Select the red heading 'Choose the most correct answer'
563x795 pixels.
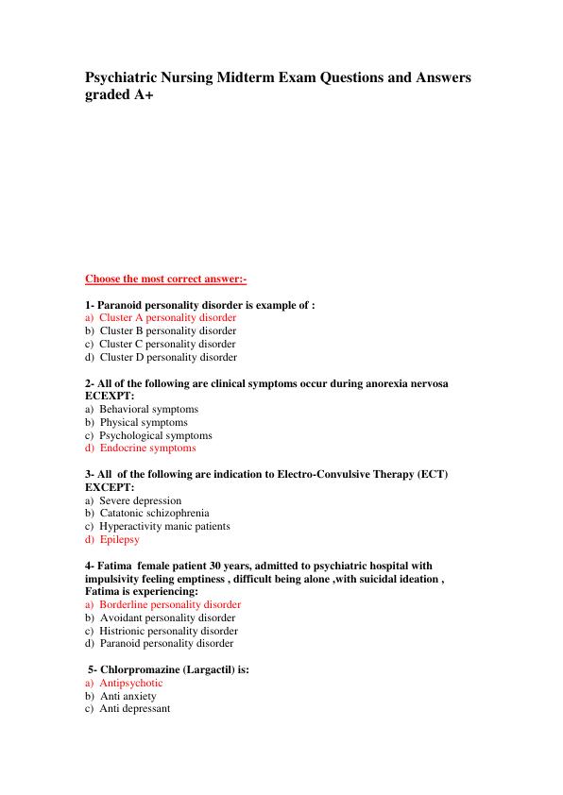pos(165,279)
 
